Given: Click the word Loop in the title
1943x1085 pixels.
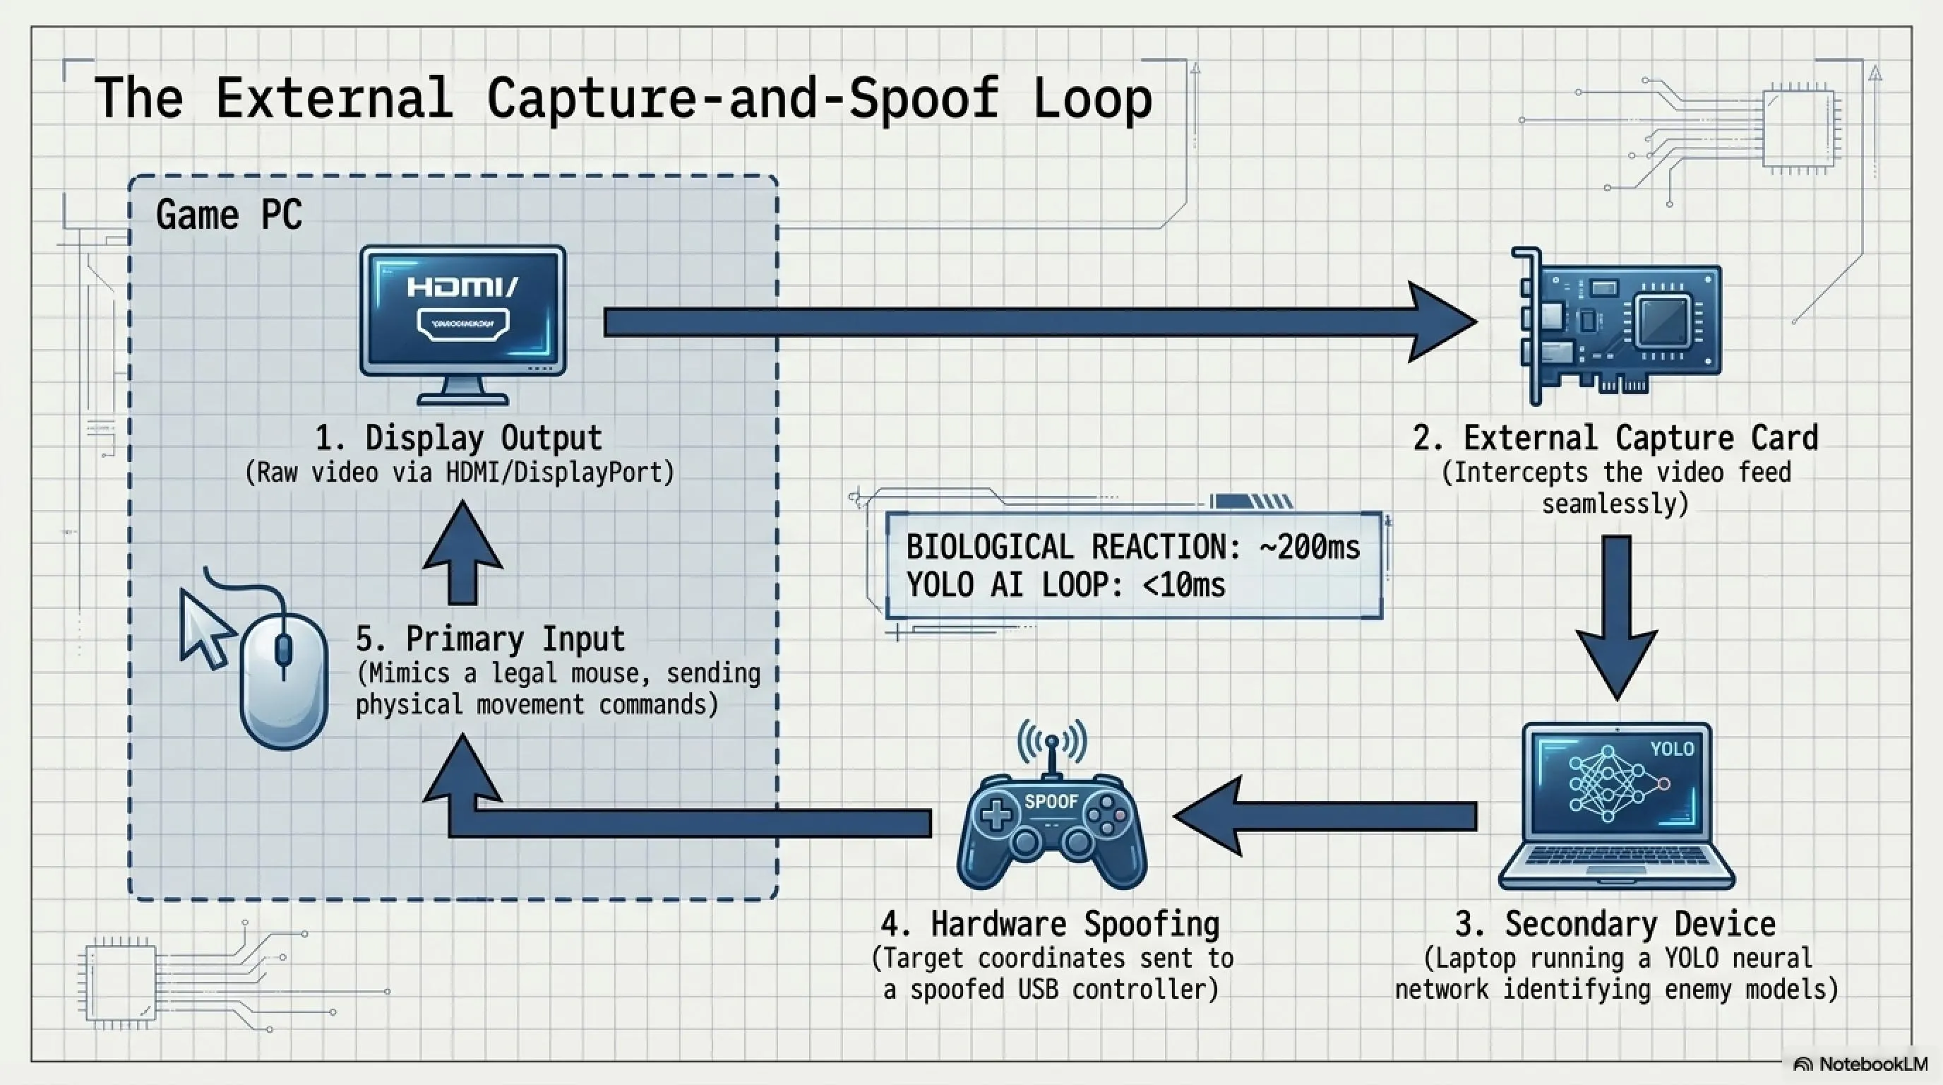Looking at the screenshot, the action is click(x=1092, y=100).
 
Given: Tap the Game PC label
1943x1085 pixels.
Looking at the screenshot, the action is click(x=229, y=215).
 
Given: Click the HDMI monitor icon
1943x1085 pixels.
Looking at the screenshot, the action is click(x=462, y=325).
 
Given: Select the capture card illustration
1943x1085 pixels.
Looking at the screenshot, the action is click(x=1616, y=326).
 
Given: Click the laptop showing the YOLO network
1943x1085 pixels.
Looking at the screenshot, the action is click(x=1616, y=807).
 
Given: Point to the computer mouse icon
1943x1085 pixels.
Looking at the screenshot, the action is click(x=284, y=680).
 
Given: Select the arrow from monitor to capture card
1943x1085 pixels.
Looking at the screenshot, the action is click(x=1040, y=322).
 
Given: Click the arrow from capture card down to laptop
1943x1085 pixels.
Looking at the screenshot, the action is click(x=1616, y=618).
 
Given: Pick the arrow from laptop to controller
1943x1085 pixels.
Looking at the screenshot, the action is click(x=1325, y=817).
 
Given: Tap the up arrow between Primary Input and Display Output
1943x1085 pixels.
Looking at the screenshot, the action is click(x=462, y=554).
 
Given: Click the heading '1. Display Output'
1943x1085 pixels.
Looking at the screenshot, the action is click(x=459, y=438).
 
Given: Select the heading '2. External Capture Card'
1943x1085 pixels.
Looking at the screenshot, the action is click(x=1615, y=438).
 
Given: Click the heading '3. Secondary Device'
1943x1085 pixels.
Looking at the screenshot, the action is click(x=1615, y=923).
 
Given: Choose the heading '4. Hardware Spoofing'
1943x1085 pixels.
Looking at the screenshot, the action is click(x=1051, y=923).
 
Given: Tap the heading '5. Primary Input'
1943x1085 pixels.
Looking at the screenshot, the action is click(x=490, y=639).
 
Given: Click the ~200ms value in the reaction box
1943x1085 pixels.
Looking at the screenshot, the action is click(x=1310, y=546).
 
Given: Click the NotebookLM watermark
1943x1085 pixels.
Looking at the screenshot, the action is click(x=1861, y=1064).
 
